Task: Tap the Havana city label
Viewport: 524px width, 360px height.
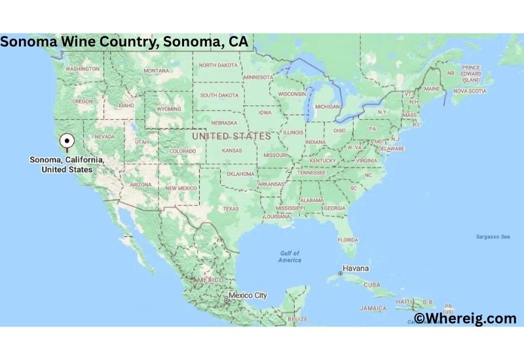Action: coord(357,268)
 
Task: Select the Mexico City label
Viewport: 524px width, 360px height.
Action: coord(247,295)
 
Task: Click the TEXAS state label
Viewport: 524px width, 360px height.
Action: coord(231,209)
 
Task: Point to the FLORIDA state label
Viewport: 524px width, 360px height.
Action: coord(348,240)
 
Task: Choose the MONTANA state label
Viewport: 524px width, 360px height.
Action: coord(157,71)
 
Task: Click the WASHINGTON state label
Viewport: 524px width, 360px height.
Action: coord(83,69)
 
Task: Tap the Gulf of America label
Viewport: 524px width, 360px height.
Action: coord(289,257)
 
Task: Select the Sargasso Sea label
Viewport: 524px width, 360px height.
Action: coord(493,236)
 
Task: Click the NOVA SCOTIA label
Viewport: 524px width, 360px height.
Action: coord(470,91)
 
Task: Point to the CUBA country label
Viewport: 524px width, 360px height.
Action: coord(372,285)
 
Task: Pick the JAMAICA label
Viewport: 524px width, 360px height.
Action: coord(372,308)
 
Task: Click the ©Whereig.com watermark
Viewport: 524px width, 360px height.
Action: coord(465,318)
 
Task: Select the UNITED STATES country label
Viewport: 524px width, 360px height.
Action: coord(231,136)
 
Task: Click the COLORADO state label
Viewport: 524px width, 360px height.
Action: coord(183,151)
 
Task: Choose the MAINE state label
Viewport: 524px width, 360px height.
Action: coord(432,88)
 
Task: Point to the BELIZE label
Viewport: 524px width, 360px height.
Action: coord(297,319)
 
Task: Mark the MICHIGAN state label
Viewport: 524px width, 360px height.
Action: coord(327,107)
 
